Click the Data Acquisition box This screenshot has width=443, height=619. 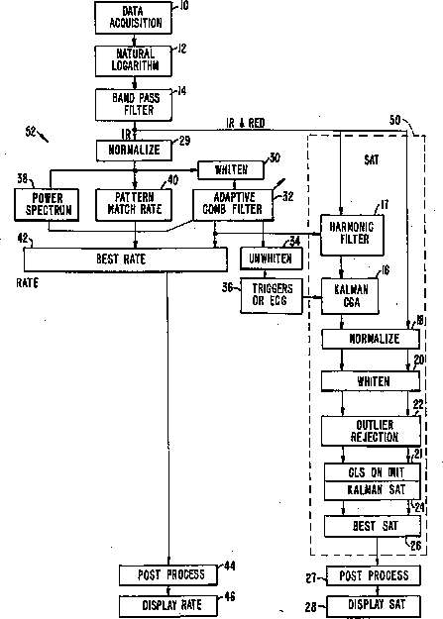click(134, 18)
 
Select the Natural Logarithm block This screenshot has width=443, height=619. click(134, 60)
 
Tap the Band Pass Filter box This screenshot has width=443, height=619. click(134, 105)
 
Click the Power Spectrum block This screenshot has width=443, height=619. click(47, 204)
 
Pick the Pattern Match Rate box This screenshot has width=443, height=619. click(134, 204)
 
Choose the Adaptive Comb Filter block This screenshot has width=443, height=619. click(233, 204)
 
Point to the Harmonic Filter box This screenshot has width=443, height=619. click(352, 235)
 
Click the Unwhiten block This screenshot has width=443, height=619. click(272, 258)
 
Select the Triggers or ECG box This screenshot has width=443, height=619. click(272, 296)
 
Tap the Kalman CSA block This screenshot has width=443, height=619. click(350, 296)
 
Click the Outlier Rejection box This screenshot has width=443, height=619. click(371, 431)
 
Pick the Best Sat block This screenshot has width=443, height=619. click(373, 526)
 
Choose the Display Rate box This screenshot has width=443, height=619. click(168, 605)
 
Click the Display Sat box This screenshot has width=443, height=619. click(374, 606)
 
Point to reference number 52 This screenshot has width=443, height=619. click(31, 131)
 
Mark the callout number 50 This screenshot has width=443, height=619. click(394, 120)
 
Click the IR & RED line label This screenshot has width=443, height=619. click(245, 123)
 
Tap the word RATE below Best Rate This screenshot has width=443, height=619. click(28, 282)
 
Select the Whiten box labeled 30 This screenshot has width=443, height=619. click(231, 170)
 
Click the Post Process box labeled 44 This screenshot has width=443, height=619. click(168, 574)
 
